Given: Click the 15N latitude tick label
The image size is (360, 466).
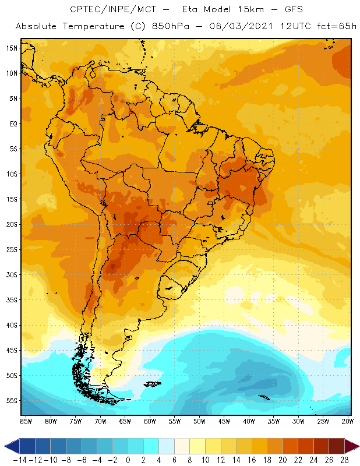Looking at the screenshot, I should pyautogui.click(x=12, y=48).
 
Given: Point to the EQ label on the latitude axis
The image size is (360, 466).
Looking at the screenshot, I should pyautogui.click(x=13, y=123).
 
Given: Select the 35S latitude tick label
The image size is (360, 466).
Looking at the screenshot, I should pyautogui.click(x=12, y=300).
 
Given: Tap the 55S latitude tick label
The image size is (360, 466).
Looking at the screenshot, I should pyautogui.click(x=12, y=401).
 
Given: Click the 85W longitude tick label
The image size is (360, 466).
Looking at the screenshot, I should pyautogui.click(x=26, y=421).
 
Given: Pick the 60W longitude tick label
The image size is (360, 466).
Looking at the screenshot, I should pyautogui.click(x=150, y=421).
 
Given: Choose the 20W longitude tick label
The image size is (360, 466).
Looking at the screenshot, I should pyautogui.click(x=348, y=421).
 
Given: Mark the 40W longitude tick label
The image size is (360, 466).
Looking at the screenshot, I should pyautogui.click(x=249, y=421).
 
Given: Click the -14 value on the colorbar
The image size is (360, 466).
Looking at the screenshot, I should pyautogui.click(x=19, y=460).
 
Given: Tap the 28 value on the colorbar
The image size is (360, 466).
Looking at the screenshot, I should pyautogui.click(x=344, y=460).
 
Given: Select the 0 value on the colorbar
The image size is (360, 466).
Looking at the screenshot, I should pyautogui.click(x=128, y=460).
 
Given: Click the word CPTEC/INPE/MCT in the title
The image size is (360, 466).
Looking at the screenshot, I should pyautogui.click(x=104, y=10).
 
